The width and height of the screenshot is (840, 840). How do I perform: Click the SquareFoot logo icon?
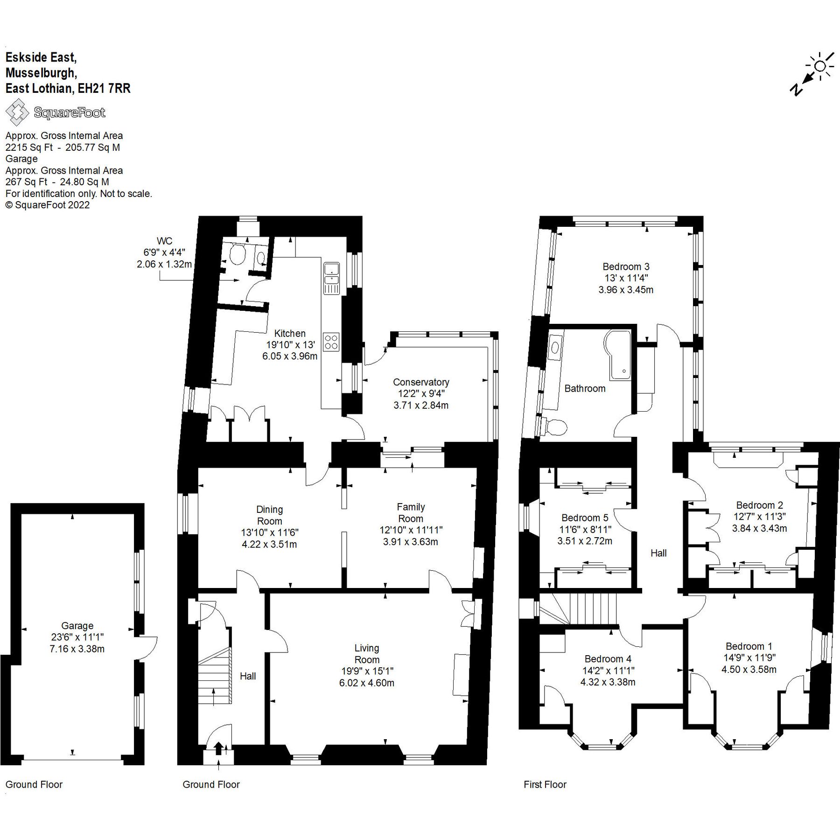(17, 112)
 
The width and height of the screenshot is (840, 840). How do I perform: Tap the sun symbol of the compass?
(820, 66)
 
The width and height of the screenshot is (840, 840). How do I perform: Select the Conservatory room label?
(420, 382)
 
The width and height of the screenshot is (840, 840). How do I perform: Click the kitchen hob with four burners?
(331, 342)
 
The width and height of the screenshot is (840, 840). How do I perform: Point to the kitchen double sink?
(331, 279)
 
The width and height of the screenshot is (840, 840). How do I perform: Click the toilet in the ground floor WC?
(238, 254)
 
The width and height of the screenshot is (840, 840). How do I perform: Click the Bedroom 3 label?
(626, 267)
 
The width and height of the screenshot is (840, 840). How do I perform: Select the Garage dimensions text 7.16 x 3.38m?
(77, 649)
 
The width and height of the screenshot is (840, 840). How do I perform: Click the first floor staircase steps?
(593, 609)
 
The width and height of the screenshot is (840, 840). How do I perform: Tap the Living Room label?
(367, 654)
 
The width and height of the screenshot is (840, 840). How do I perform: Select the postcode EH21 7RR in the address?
(104, 88)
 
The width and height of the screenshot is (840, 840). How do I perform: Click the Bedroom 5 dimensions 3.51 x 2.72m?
(585, 541)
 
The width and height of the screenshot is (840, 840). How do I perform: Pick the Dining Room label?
(269, 515)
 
